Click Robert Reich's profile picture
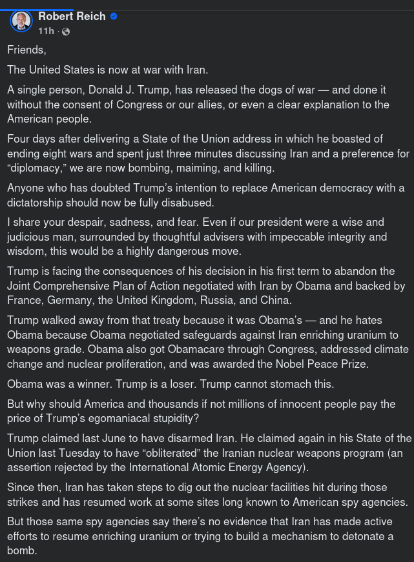click(21, 22)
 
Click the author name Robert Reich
click(72, 16)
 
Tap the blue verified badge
click(114, 16)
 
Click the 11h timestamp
click(46, 31)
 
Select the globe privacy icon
click(66, 31)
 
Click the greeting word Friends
click(26, 50)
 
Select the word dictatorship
click(37, 202)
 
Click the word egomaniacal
click(110, 418)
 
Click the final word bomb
click(21, 550)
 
